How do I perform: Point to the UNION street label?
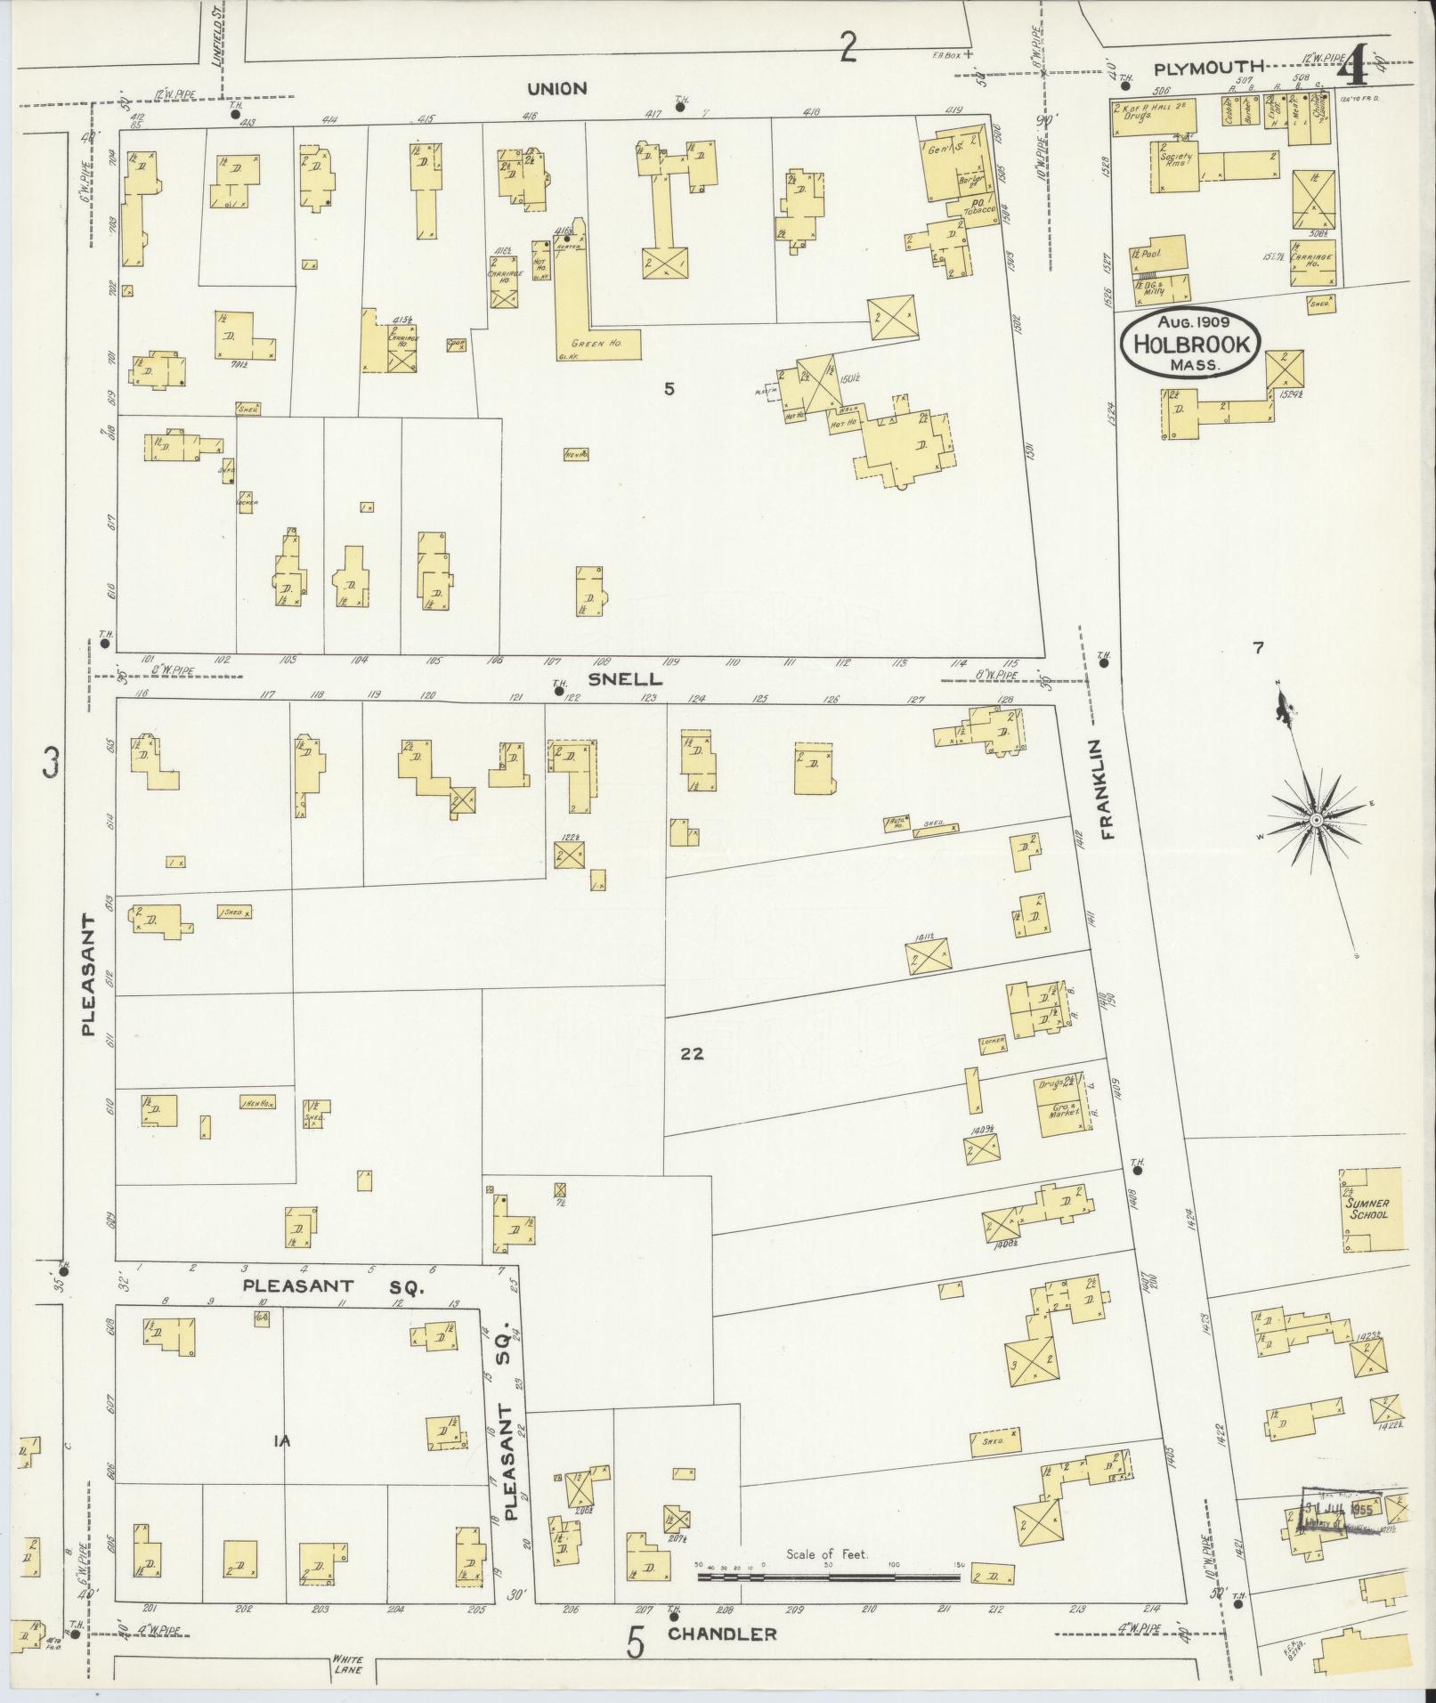click(556, 88)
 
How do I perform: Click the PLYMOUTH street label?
click(1209, 68)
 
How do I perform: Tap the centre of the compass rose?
click(1315, 818)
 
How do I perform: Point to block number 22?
click(693, 1054)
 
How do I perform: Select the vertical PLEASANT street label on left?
click(88, 975)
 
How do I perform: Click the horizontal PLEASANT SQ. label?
click(334, 1286)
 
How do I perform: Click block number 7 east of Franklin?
click(1258, 649)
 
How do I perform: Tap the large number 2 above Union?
click(848, 46)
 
